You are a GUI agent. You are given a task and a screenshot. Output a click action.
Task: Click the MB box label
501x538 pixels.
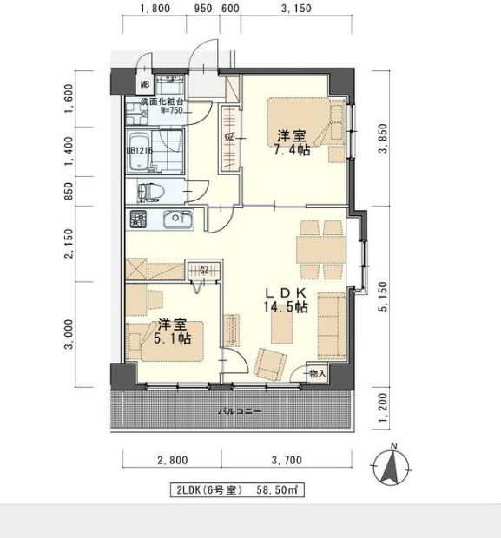pyautogui.click(x=145, y=85)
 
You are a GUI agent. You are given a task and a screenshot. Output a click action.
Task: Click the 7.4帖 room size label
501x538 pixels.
pyautogui.click(x=290, y=150)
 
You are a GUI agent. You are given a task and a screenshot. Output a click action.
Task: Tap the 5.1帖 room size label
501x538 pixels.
pyautogui.click(x=174, y=339)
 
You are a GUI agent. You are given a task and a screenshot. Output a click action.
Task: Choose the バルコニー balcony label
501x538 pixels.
pyautogui.click(x=234, y=412)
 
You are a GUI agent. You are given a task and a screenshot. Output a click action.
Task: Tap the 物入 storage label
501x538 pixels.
pyautogui.click(x=317, y=374)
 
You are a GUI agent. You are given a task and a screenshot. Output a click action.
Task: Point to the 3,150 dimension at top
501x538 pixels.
pyautogui.click(x=296, y=11)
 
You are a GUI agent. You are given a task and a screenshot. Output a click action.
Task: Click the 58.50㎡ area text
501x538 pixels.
pyautogui.click(x=277, y=490)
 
